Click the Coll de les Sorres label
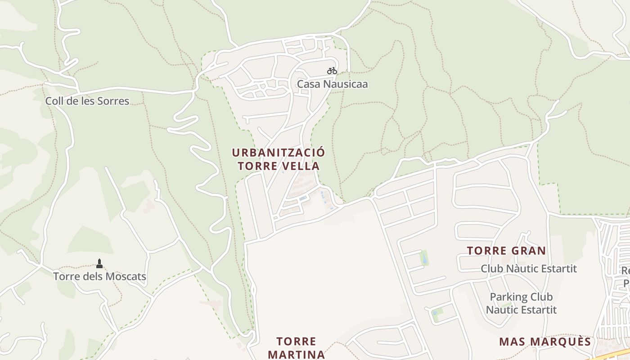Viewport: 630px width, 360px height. tap(87, 101)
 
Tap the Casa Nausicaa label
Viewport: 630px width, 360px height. tap(332, 84)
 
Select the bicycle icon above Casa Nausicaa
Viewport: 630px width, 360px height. tap(332, 71)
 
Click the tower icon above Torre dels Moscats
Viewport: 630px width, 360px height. tap(99, 263)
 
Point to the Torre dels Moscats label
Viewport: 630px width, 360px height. tap(99, 276)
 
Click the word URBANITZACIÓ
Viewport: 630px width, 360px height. tap(278, 153)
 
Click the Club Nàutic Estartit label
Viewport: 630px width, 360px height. tap(529, 269)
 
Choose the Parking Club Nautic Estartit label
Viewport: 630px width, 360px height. tap(521, 303)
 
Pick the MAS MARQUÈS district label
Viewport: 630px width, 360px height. tap(545, 342)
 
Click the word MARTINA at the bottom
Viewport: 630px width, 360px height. tap(296, 355)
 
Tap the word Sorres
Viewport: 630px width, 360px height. tap(113, 101)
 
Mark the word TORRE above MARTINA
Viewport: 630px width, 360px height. tap(296, 342)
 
